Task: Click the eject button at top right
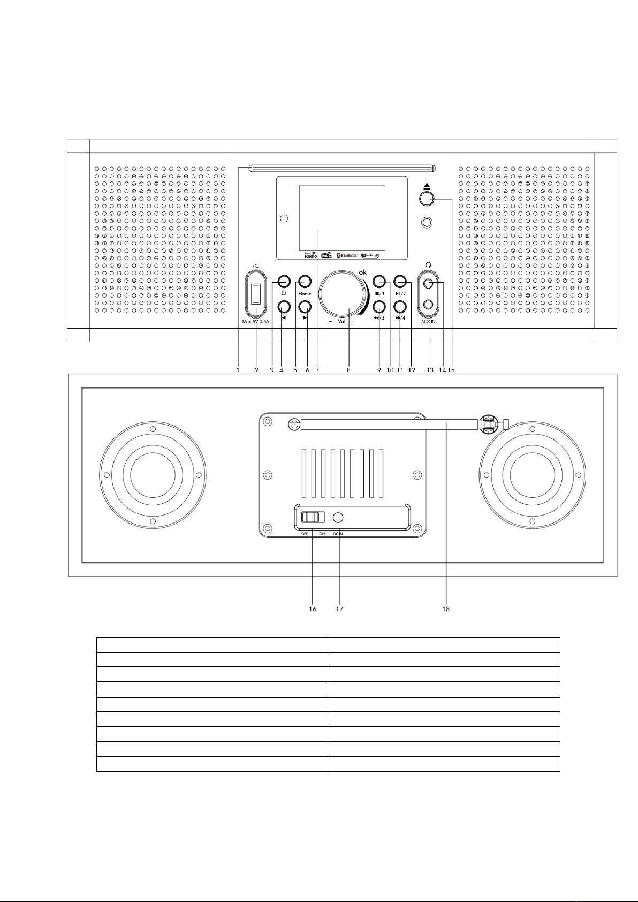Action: [426, 199]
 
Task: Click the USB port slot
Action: [256, 294]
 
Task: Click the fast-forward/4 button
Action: [400, 306]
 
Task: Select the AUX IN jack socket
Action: [428, 305]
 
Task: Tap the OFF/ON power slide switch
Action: [312, 517]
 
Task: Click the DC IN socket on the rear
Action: [338, 517]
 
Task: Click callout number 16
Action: [313, 609]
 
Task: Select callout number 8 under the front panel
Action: [348, 369]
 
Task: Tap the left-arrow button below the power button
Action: [284, 306]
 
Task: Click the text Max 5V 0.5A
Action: [256, 322]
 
